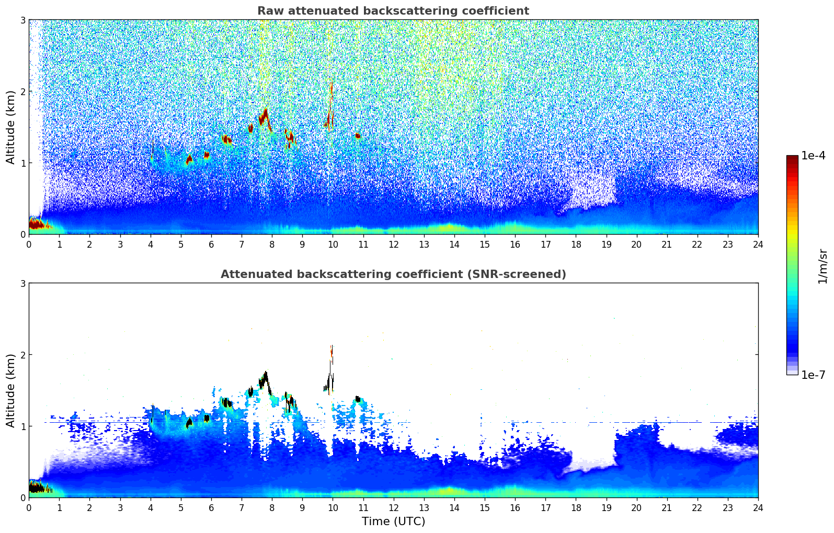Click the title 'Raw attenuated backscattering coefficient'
[x=393, y=11]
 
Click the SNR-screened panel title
[x=393, y=274]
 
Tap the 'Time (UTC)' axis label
[x=393, y=521]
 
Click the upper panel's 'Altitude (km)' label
[x=10, y=128]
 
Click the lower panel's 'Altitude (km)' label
[x=10, y=390]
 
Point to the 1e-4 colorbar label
[x=813, y=156]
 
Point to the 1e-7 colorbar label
[x=813, y=375]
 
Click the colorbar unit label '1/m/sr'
[x=822, y=266]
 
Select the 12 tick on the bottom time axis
[x=394, y=508]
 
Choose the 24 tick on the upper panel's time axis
[x=758, y=245]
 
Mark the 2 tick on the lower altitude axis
[x=22, y=355]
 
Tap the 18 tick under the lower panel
[x=576, y=508]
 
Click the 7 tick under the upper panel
[x=242, y=245]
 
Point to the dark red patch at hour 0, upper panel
[x=39, y=224]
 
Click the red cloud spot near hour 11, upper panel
[x=358, y=136]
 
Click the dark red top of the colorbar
[x=792, y=158]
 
